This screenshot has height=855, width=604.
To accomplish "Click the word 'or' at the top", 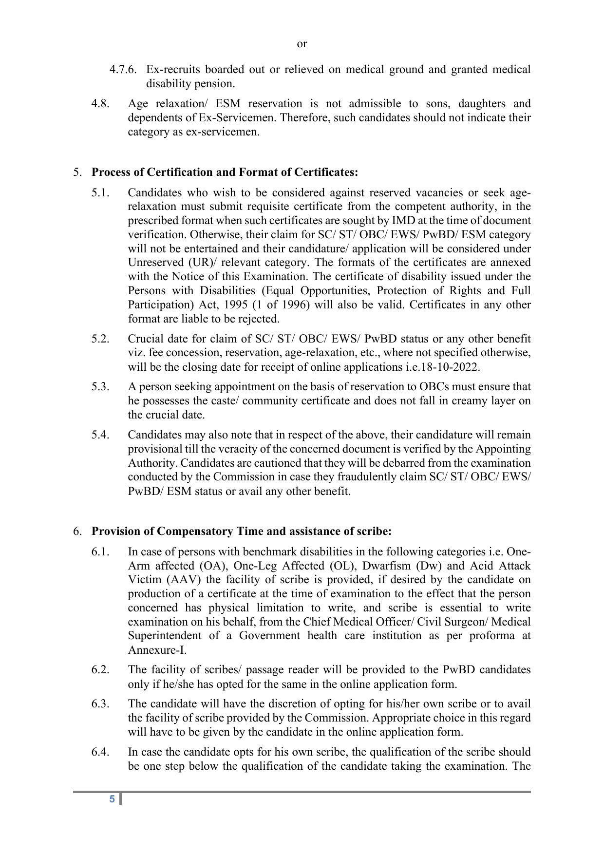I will coord(302,44).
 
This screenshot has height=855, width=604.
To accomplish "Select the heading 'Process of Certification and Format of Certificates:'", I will coord(225,172).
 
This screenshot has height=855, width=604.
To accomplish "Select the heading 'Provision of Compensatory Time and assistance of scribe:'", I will coord(241,532).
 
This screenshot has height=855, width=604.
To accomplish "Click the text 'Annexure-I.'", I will coord(157,650).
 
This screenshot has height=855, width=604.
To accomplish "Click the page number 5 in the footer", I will coord(112,799).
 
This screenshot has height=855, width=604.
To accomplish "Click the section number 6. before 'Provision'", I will coord(77,532).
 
